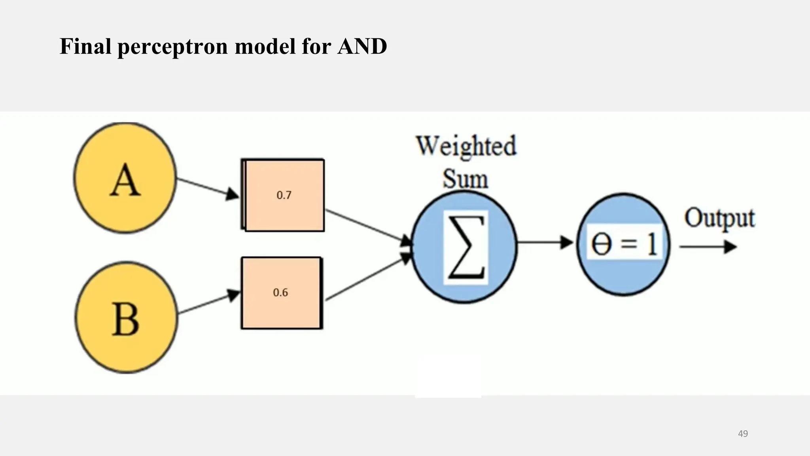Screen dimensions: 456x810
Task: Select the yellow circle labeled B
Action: [126, 317]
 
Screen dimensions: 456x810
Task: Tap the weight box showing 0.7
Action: [283, 195]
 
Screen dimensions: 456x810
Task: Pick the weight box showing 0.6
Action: [281, 293]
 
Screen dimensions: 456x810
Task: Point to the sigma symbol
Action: [466, 247]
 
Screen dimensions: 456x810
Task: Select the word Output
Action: [719, 219]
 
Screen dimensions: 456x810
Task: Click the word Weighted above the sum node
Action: [466, 146]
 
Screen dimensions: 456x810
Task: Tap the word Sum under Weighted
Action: [465, 179]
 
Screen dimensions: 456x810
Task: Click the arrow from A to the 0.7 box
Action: [207, 187]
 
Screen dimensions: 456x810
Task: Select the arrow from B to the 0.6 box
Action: [209, 303]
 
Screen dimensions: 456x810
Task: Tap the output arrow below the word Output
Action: [708, 247]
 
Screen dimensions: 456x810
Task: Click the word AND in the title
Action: [362, 46]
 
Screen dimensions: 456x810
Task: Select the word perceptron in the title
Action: [172, 46]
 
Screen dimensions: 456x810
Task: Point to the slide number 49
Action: [743, 433]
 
